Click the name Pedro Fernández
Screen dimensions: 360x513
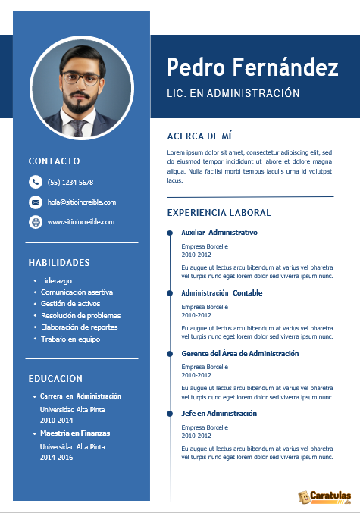[x=252, y=67]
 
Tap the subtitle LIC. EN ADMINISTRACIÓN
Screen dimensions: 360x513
[x=233, y=94]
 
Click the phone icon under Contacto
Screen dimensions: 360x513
[x=35, y=182]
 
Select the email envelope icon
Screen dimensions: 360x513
[x=35, y=202]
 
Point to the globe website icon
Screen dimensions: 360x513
[x=35, y=222]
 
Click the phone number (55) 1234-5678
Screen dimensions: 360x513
[x=70, y=183]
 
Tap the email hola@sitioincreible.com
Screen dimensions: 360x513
[x=81, y=202]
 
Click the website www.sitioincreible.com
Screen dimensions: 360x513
[x=81, y=222]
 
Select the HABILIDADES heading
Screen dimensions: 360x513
[x=59, y=263]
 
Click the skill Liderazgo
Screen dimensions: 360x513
[x=57, y=281]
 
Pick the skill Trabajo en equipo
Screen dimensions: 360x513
[x=70, y=339]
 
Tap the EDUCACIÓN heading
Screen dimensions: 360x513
[x=55, y=378]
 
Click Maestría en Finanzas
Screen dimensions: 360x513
[x=75, y=433]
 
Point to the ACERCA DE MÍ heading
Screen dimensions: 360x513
[x=199, y=136]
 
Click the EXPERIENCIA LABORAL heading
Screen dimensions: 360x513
[x=219, y=213]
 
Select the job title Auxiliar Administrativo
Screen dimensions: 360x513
[x=220, y=232]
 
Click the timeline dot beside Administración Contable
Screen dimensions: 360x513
[x=170, y=292]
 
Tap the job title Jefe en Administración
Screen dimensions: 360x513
[x=219, y=414]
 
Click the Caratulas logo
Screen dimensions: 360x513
[x=324, y=496]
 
